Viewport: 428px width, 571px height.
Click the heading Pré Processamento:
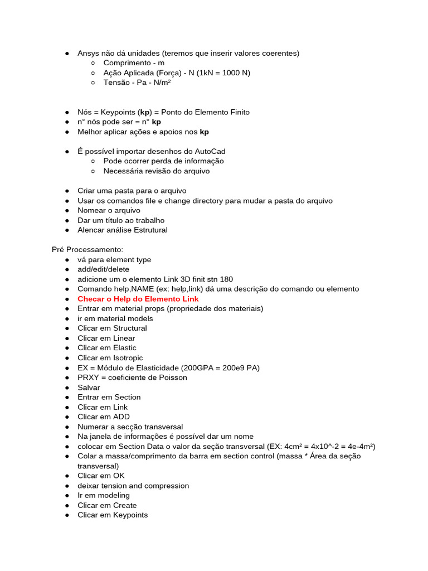[x=87, y=249]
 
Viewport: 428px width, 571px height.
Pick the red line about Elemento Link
[x=138, y=299]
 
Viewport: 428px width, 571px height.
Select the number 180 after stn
[x=226, y=279]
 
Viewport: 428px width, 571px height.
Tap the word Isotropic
[x=128, y=358]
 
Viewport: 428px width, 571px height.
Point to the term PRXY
[x=89, y=378]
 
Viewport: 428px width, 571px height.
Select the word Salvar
[x=89, y=388]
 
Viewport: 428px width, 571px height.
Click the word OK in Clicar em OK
[x=119, y=476]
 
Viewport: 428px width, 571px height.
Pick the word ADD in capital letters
[x=121, y=417]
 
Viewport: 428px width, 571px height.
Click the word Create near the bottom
[x=125, y=505]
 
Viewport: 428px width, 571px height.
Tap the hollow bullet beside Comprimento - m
[x=93, y=63]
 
